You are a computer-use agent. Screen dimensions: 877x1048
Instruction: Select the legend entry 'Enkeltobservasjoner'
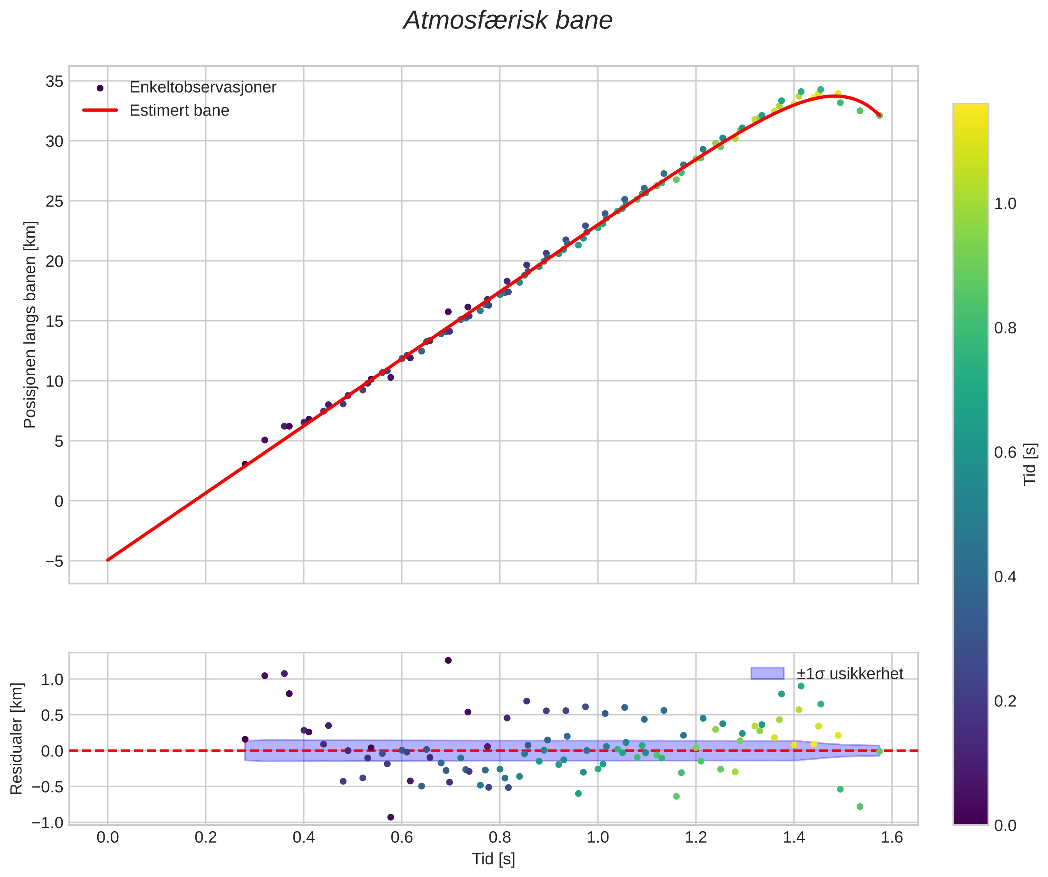pos(202,87)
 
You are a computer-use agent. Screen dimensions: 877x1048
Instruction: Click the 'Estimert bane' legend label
pos(179,111)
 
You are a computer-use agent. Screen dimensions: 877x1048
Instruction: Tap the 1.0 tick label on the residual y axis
pos(52,679)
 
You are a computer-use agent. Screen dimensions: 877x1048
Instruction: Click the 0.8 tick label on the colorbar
pos(1005,328)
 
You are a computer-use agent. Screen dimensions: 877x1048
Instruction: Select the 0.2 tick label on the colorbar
pos(1005,701)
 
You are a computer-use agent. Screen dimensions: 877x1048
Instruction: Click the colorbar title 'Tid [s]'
pos(1030,464)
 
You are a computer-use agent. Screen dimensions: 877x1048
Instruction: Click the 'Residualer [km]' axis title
pos(16,739)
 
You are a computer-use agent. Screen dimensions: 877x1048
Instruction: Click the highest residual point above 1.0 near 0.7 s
pos(448,660)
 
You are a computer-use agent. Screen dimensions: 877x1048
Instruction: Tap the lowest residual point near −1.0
pos(391,817)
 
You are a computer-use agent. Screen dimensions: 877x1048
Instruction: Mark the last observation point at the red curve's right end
pos(879,115)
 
